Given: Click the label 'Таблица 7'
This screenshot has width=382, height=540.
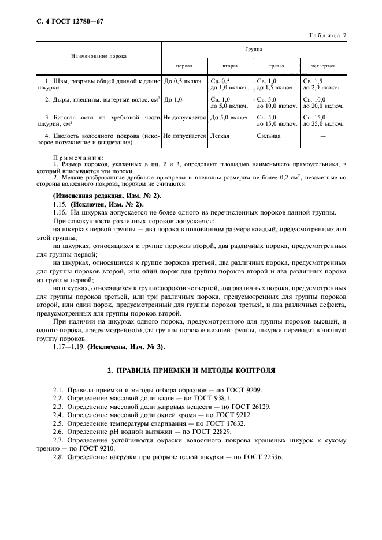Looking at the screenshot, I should [327, 36].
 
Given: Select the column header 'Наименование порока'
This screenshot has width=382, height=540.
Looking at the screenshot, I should [99, 56].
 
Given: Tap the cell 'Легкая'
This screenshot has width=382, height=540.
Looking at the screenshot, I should [220, 136].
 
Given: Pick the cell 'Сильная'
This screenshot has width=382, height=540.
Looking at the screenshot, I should [269, 136].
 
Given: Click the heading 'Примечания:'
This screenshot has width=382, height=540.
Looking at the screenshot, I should [79, 157].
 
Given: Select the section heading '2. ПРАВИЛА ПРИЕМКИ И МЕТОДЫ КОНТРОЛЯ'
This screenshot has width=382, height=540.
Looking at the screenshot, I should [191, 368].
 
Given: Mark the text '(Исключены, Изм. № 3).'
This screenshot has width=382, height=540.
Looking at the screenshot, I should [125, 346].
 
